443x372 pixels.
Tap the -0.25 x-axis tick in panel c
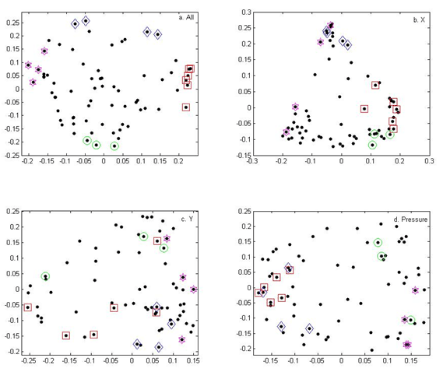pyautogui.click(x=29, y=361)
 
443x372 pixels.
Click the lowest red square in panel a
pyautogui.click(x=186, y=107)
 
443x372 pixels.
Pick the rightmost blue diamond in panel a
pyautogui.click(x=157, y=34)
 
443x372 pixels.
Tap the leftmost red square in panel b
pyautogui.click(x=364, y=108)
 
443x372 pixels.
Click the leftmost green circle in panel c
pyautogui.click(x=45, y=276)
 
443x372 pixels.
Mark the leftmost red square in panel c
pyautogui.click(x=28, y=307)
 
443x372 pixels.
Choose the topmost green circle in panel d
pyautogui.click(x=378, y=242)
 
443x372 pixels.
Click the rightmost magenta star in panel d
pyautogui.click(x=415, y=290)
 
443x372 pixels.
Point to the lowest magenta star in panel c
pyautogui.click(x=181, y=339)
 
